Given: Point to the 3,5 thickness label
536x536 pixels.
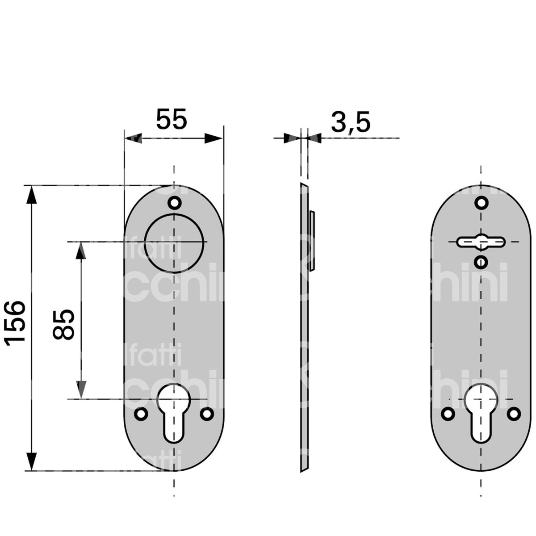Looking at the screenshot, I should pyautogui.click(x=351, y=123).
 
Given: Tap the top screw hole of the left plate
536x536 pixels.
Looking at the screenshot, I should pyautogui.click(x=175, y=203).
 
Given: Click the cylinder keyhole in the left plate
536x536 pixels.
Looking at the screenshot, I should pyautogui.click(x=174, y=411).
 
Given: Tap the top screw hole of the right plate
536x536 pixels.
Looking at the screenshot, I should pyautogui.click(x=481, y=203).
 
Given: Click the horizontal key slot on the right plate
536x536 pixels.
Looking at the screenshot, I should pyautogui.click(x=481, y=242).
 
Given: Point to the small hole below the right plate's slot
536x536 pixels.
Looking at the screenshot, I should pyautogui.click(x=481, y=261).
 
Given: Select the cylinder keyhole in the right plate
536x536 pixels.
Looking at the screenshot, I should pyautogui.click(x=481, y=411).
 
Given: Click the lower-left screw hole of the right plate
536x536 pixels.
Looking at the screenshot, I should pyautogui.click(x=448, y=414).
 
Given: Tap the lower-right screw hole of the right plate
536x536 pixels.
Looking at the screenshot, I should pyautogui.click(x=514, y=414).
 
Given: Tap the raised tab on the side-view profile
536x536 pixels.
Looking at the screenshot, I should pyautogui.click(x=313, y=241).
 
